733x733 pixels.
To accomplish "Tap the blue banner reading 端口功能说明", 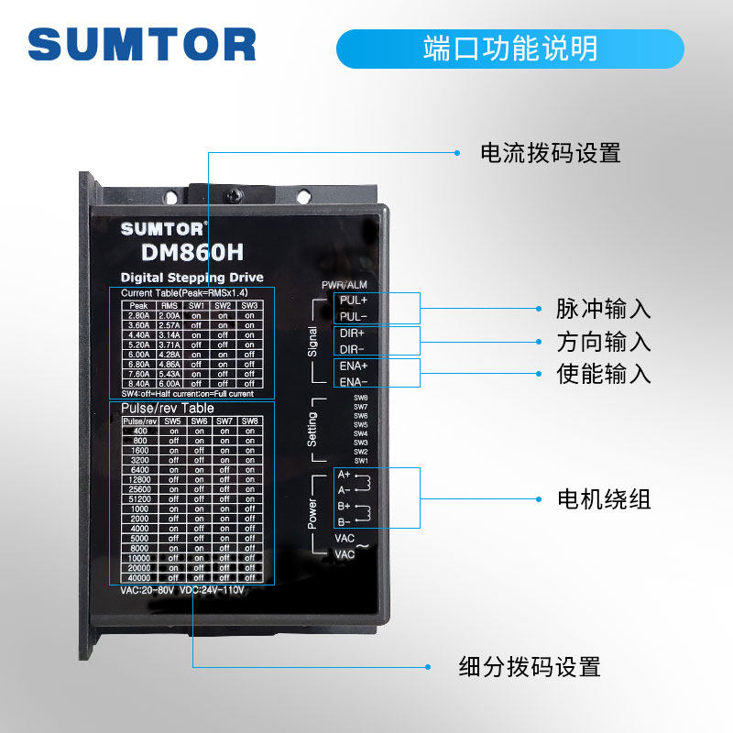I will tap(510, 49).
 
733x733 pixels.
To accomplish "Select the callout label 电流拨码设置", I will tap(551, 152).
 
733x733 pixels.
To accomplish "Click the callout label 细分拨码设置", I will tap(529, 666).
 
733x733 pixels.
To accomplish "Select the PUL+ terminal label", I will tap(353, 301).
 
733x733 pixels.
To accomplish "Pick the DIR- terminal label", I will tap(352, 349).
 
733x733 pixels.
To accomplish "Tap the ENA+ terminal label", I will tap(353, 366).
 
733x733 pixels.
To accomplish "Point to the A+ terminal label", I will tap(344, 475).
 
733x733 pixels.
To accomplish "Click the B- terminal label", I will tap(344, 520).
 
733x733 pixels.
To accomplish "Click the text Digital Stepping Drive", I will tap(191, 278).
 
